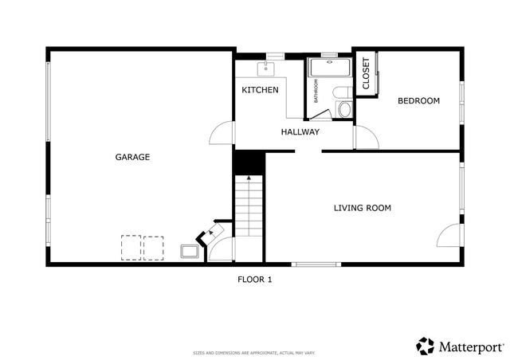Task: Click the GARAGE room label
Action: point(132,157)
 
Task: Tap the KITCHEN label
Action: point(260,90)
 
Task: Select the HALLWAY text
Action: point(300,132)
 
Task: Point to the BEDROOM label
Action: point(418,100)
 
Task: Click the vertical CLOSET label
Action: point(366,73)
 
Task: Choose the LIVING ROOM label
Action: point(362,208)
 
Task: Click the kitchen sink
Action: point(269,68)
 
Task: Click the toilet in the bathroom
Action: point(343,109)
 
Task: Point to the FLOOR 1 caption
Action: point(255,279)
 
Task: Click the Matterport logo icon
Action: point(426,346)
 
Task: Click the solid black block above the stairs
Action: point(248,162)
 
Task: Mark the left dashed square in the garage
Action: point(130,247)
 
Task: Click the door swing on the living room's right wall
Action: point(449,235)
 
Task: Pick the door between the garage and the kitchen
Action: point(225,133)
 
